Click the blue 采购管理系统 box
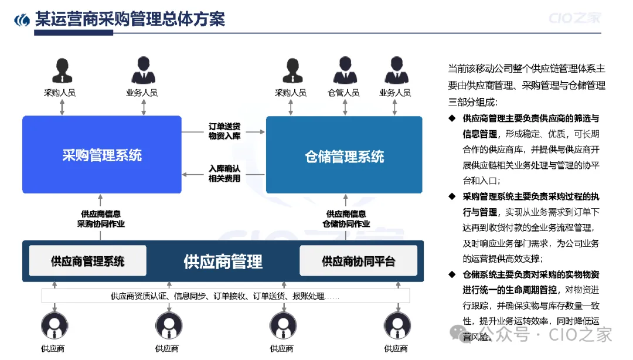(101, 155)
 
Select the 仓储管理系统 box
(344, 155)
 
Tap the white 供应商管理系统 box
(87, 261)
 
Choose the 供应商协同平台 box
(358, 261)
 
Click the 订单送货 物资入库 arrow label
(224, 131)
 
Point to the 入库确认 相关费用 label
(224, 174)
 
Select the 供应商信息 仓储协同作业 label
(346, 219)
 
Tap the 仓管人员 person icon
(344, 71)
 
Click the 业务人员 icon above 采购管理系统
(142, 71)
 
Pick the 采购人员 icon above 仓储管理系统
(291, 71)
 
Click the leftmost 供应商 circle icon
(53, 326)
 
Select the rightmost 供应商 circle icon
(396, 326)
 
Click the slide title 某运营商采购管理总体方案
(130, 19)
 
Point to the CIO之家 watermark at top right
(574, 18)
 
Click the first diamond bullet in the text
(452, 118)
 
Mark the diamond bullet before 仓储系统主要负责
(452, 274)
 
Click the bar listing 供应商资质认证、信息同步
(225, 296)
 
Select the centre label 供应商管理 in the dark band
(223, 261)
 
